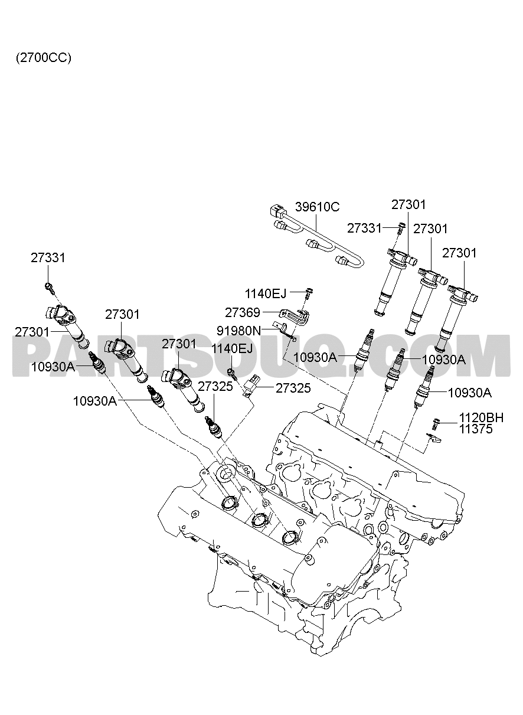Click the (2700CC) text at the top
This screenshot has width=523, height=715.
(44, 58)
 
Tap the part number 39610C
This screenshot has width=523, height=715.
(317, 207)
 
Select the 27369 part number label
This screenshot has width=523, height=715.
(243, 312)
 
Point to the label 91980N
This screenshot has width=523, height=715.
(238, 331)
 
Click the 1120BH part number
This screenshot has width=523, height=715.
(481, 417)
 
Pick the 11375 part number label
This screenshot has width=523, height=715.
(476, 429)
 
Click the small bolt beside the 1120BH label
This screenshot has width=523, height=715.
(436, 423)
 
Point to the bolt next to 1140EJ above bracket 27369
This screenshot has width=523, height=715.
(309, 293)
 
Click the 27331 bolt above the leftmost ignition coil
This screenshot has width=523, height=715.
(50, 288)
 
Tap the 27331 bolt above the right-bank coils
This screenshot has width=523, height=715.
(401, 228)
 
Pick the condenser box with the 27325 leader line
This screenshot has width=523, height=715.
(251, 386)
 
